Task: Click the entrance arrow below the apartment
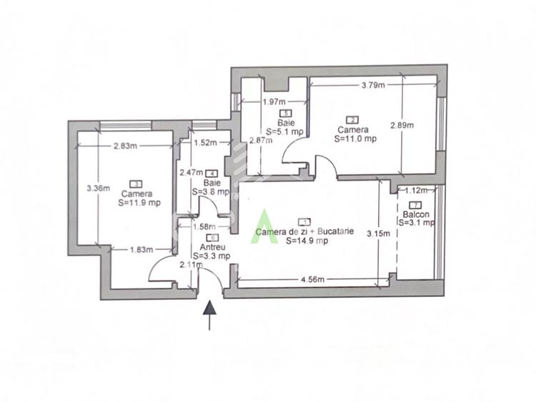click(210, 315)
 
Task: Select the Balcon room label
click(416, 214)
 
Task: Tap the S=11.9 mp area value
click(141, 203)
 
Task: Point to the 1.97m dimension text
click(274, 101)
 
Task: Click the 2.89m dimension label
click(402, 126)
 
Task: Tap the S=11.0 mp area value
click(355, 139)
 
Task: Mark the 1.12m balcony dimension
click(415, 191)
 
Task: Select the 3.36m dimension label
click(97, 189)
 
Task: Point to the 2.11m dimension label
click(192, 266)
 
